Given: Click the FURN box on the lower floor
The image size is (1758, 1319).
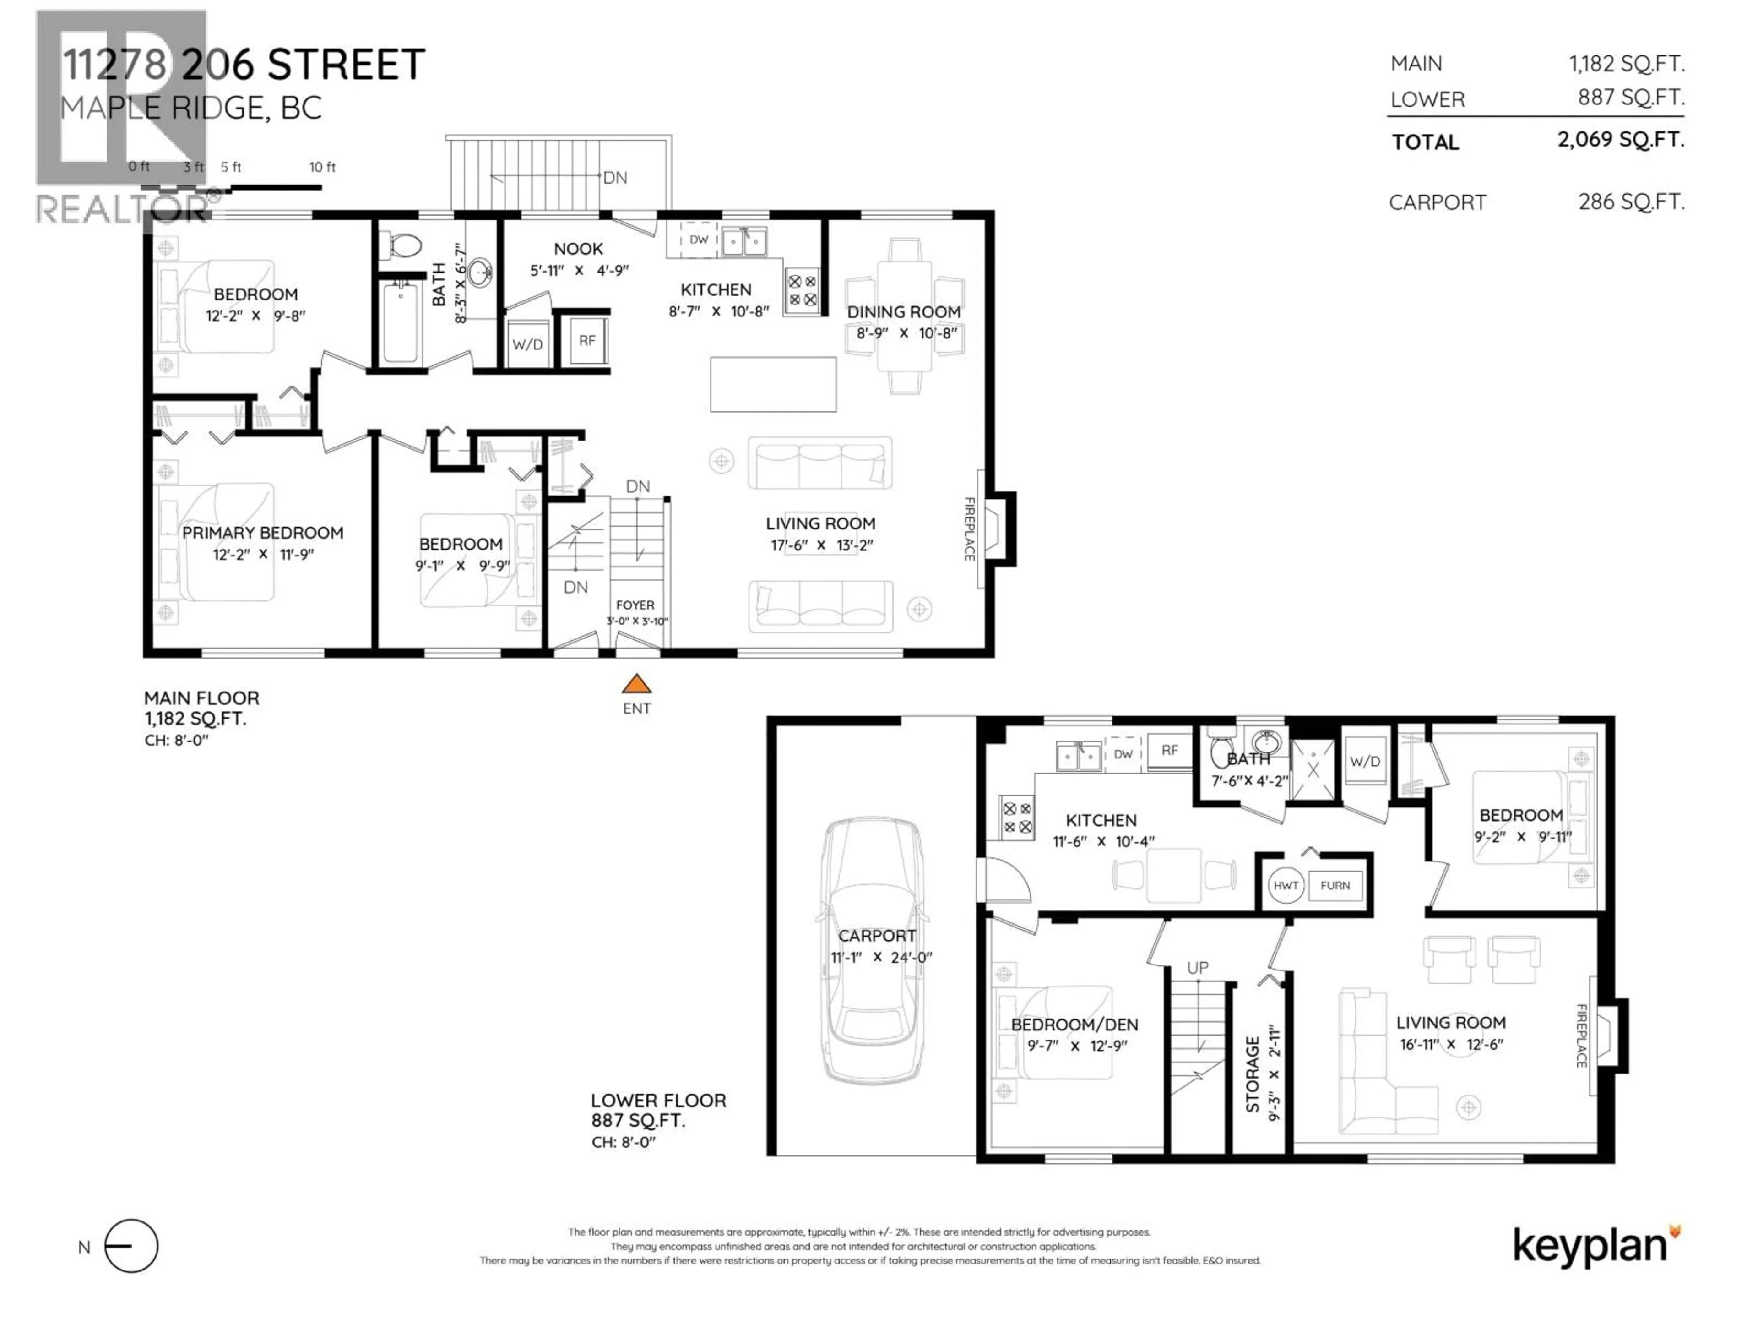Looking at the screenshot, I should click(x=1335, y=885).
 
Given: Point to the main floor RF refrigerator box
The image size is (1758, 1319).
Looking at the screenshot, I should click(x=586, y=340).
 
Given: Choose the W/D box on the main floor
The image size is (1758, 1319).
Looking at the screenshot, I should click(x=527, y=343).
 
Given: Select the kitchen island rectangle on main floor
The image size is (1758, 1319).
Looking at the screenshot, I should click(x=772, y=384).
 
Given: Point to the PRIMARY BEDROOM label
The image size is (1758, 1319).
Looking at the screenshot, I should click(x=262, y=533).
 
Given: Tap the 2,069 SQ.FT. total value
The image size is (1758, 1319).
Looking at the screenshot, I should click(x=1621, y=140).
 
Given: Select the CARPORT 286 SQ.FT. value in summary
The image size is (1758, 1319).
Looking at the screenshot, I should click(x=1631, y=202).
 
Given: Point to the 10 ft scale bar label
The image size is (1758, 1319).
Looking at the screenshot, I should click(x=322, y=167).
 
